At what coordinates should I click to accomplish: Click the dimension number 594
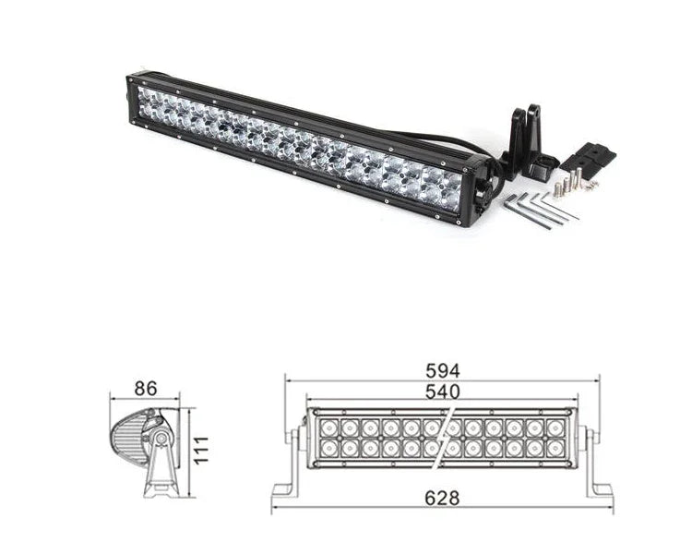442,370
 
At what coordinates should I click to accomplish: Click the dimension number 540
442,391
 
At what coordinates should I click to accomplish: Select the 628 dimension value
442,498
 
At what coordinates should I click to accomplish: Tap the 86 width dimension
144,390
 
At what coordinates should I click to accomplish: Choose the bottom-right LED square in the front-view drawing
555,448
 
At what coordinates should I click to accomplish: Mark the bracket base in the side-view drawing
160,488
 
